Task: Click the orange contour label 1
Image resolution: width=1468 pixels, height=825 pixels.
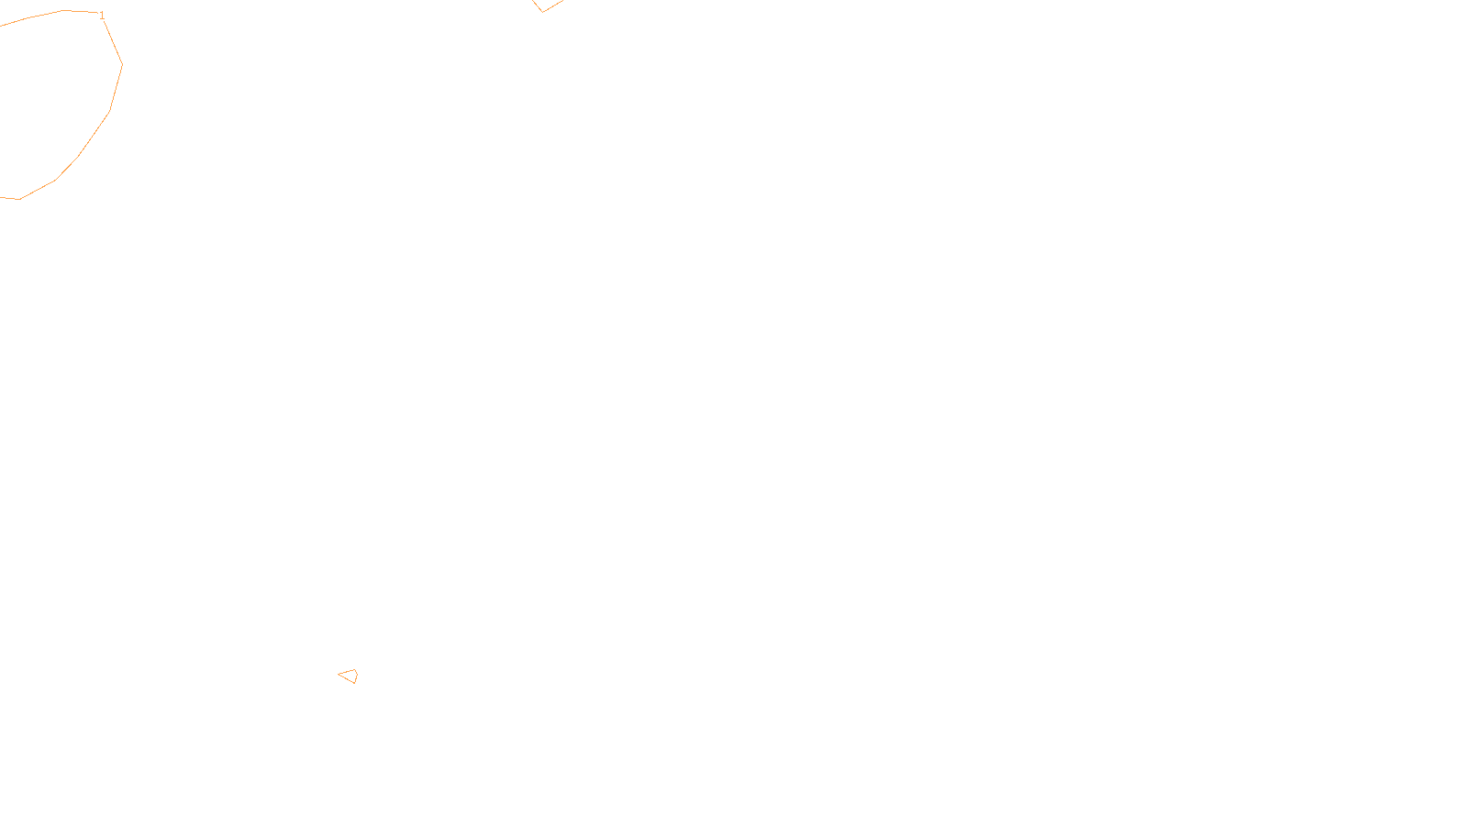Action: pos(102,16)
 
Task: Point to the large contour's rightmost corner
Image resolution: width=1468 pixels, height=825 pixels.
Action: pos(122,64)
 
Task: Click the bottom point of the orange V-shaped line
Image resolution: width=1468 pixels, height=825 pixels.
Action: pos(542,12)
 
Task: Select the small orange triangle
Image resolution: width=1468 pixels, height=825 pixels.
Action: pos(350,676)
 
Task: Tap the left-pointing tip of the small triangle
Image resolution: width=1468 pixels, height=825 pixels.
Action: pos(339,676)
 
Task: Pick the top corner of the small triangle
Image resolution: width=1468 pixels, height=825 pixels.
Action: pos(354,670)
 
